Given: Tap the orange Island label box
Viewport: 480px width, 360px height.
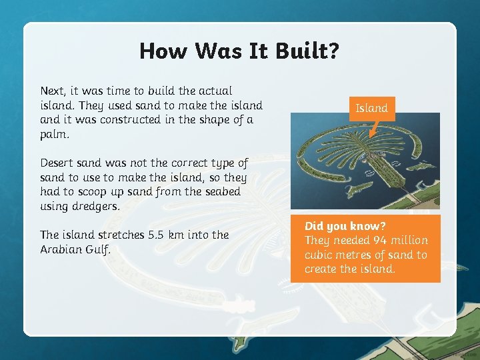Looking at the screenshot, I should (371, 108).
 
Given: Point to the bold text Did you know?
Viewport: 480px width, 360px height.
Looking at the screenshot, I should (345, 226).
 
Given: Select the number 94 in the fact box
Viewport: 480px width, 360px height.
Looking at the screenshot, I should (380, 240).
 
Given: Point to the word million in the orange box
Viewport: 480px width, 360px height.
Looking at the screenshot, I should (409, 240).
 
